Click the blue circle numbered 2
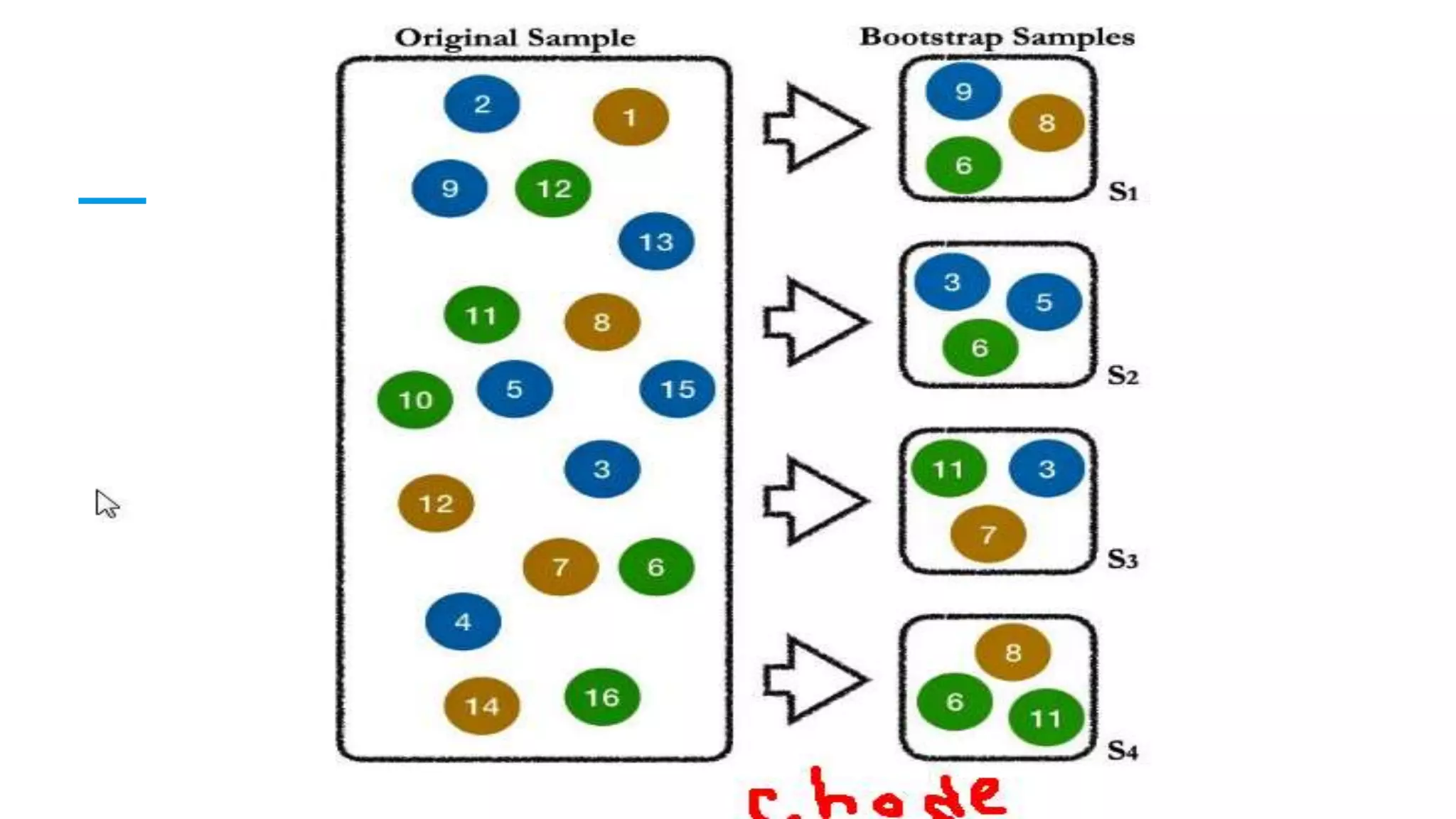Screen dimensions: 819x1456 click(481, 104)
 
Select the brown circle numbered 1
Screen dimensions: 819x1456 click(631, 117)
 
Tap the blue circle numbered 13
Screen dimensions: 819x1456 click(655, 242)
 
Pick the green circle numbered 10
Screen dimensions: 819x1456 click(415, 400)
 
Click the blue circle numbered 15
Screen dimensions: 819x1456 click(677, 389)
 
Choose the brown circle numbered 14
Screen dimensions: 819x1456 click(481, 706)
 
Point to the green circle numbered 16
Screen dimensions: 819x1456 click(602, 697)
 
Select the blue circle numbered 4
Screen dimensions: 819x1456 click(463, 622)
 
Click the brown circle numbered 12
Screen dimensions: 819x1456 click(436, 503)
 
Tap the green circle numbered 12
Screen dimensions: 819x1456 click(553, 188)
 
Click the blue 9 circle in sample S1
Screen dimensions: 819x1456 click(963, 91)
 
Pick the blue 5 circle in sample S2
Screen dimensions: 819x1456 click(1044, 302)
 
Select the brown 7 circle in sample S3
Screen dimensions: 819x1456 click(987, 534)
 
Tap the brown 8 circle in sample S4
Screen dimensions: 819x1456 click(1013, 652)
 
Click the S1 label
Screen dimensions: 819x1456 click(1123, 191)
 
